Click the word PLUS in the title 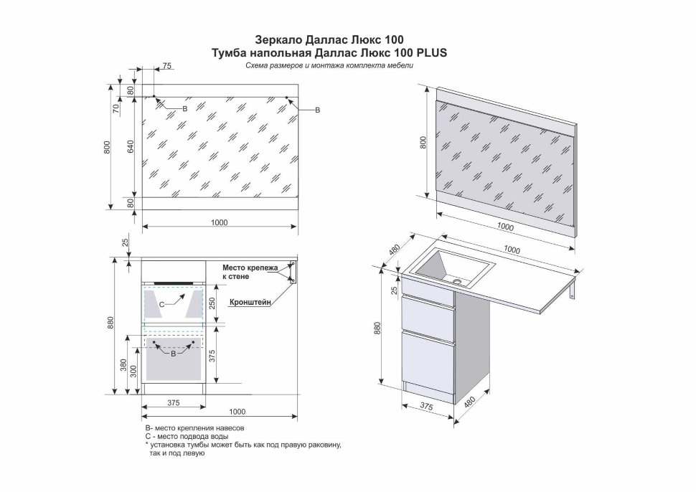(x=432, y=52)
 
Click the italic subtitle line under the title (x=329, y=66)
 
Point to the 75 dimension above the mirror (x=166, y=66)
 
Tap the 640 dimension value (x=131, y=146)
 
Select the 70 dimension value (x=116, y=109)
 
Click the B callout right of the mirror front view (x=318, y=110)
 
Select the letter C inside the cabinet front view (x=161, y=305)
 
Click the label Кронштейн (x=250, y=303)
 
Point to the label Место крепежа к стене (x=249, y=271)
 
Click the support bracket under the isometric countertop (x=570, y=293)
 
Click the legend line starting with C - (x=187, y=436)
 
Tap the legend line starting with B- (x=194, y=427)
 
